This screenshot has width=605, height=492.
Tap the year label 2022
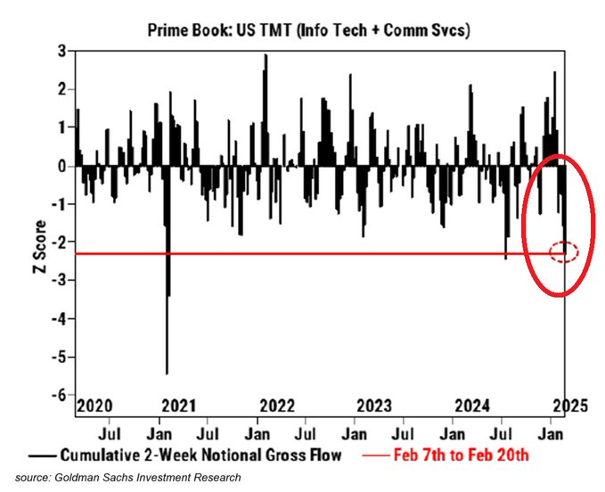coord(277,406)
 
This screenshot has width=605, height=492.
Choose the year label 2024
coord(470,406)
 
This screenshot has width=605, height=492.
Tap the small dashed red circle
coord(562,252)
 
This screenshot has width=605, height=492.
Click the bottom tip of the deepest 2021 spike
coord(167,373)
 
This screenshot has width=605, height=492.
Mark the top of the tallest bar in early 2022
coord(265,55)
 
